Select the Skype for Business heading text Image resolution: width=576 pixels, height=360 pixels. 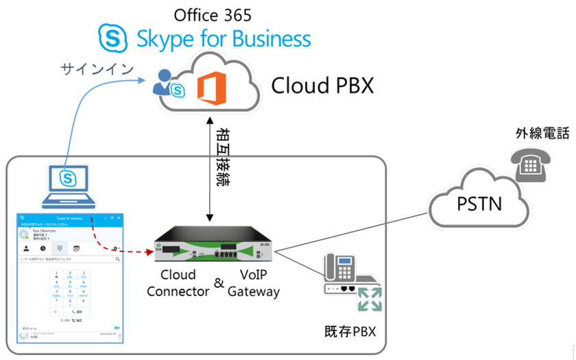coord(225,38)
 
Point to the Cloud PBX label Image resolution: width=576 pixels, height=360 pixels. coord(322,86)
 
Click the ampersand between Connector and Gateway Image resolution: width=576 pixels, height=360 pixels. coord(219,283)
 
